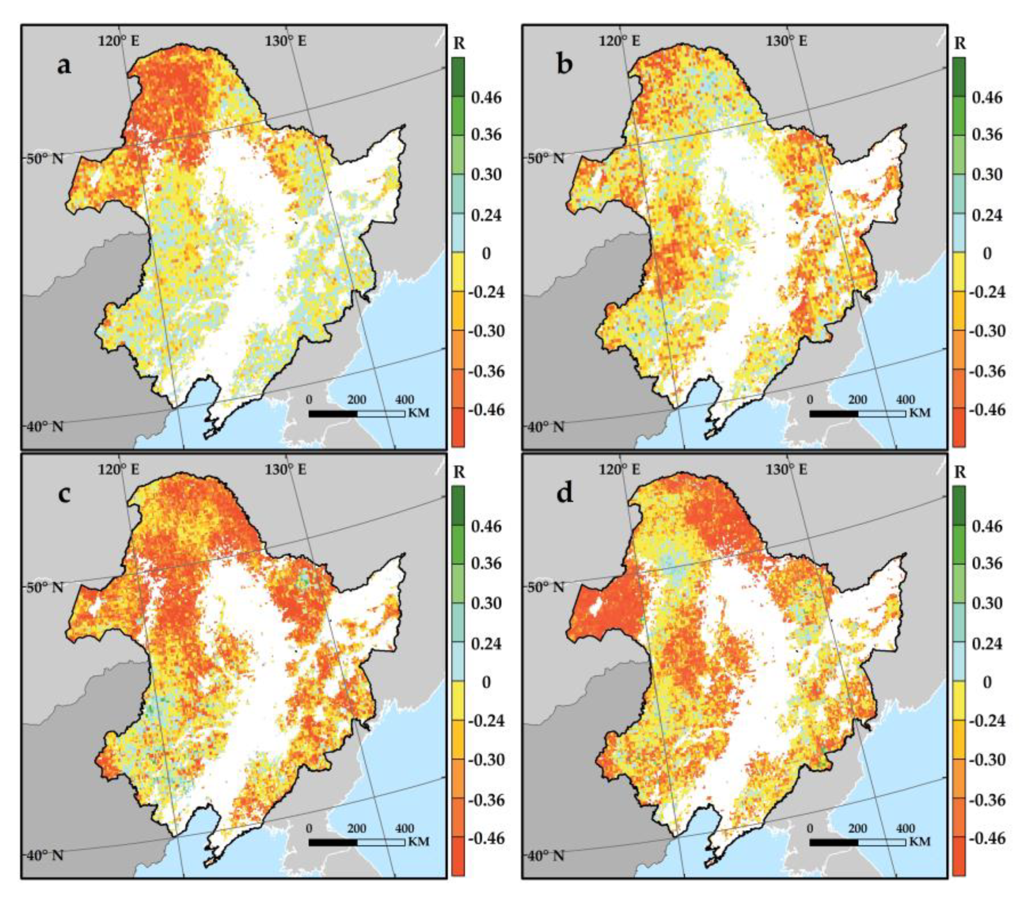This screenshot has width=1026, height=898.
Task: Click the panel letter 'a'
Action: coord(64,65)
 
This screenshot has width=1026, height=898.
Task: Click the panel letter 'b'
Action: coord(565,65)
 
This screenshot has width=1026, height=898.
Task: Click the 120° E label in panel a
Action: coord(118,40)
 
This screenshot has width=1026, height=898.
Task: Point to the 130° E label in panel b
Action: coord(786,40)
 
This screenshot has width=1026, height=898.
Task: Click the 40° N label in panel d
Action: coord(546,855)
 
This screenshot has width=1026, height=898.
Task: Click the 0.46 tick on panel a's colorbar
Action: coord(485,97)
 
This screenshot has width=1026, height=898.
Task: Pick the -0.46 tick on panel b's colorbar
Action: coord(986,410)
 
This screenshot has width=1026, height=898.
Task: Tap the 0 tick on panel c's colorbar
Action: coord(485,682)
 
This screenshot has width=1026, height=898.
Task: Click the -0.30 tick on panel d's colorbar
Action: coord(986,760)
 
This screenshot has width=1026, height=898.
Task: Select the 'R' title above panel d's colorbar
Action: coord(959,472)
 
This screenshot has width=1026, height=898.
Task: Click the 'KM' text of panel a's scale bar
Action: coord(419,413)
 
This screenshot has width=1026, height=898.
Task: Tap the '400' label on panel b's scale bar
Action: coord(905,400)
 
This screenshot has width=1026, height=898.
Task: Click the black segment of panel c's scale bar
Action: coord(333,842)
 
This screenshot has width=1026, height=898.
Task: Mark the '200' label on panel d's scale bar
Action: coord(858,829)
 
